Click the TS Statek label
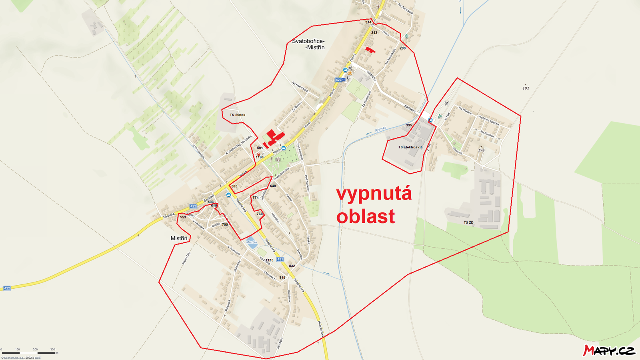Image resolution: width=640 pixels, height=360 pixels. [x=237, y=115]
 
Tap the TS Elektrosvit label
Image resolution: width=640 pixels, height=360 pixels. [x=410, y=147]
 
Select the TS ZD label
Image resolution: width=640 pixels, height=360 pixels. [x=468, y=222]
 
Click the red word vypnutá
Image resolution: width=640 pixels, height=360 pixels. [x=374, y=194]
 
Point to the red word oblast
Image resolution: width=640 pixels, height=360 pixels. [x=366, y=216]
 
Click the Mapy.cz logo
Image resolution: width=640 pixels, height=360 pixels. [x=609, y=350]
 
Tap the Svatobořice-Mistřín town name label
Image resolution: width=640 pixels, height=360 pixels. [x=308, y=44]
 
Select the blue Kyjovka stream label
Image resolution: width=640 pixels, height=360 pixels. [x=380, y=129]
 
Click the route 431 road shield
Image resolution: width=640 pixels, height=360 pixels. [x=280, y=259]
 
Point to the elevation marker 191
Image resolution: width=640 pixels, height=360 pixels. [x=526, y=88]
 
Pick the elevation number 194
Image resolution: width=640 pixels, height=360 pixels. [x=481, y=150]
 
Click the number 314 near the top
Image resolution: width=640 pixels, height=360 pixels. [x=368, y=22]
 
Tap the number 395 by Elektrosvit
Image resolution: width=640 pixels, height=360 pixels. [x=409, y=125]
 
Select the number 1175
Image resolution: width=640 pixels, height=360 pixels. [x=270, y=260]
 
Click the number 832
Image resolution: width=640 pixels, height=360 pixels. [x=292, y=266]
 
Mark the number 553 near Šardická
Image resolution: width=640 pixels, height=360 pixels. [x=183, y=217]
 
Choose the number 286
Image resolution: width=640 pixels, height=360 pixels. [x=402, y=48]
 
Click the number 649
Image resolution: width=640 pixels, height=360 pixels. [x=273, y=186]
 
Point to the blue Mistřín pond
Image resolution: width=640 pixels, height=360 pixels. [x=252, y=243]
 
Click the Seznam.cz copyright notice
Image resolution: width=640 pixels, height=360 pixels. [x=21, y=358]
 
